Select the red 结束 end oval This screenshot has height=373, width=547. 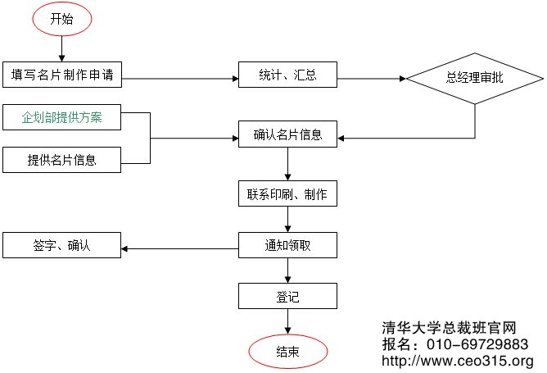click(x=287, y=352)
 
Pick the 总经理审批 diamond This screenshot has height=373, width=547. click(x=476, y=79)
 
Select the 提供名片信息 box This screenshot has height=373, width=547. click(x=62, y=160)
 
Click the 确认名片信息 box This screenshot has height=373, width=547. click(x=287, y=134)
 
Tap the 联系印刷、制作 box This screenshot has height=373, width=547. click(x=287, y=194)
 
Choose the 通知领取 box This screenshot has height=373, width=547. click(x=287, y=245)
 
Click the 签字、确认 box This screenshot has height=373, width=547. click(x=62, y=245)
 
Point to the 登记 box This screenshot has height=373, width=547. click(x=287, y=296)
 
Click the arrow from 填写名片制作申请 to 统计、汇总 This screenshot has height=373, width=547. click(x=180, y=79)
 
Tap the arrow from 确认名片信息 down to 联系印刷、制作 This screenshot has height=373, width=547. click(x=287, y=164)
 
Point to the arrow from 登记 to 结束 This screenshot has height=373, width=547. click(x=287, y=322)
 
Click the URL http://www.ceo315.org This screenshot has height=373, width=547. click(x=458, y=361)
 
